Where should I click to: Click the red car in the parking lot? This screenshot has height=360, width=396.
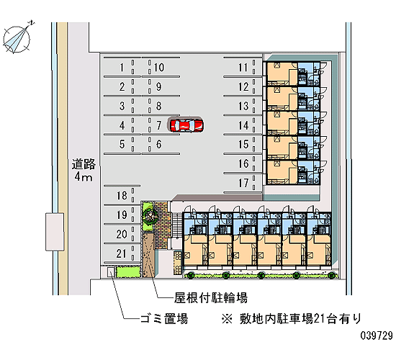coord(186,125)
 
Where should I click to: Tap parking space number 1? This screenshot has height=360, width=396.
coord(122,68)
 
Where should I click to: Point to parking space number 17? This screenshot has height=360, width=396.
coord(243,183)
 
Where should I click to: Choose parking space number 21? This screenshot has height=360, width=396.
coord(122,253)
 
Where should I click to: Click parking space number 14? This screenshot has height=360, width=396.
coord(243,125)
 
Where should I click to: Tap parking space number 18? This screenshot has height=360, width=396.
coord(122,196)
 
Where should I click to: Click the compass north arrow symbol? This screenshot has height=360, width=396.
coord(17,39)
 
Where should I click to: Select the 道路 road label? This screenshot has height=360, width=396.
coord(84,164)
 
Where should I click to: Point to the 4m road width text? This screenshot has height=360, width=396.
coord(84,177)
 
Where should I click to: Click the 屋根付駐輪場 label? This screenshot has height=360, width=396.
coord(211,298)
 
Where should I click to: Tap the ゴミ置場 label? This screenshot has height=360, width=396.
coord(164,318)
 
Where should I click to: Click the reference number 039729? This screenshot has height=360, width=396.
coord(377,336)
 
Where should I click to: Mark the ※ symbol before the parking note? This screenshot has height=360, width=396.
coord(227,318)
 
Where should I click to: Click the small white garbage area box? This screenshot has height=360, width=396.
coord(110,272)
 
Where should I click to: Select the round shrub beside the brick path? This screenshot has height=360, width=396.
coord(150,215)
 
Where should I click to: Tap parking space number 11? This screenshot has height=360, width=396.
coord(243,68)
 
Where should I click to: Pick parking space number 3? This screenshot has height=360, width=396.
coord(122,106)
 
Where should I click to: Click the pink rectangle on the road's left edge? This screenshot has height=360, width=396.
coord(55,232)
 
